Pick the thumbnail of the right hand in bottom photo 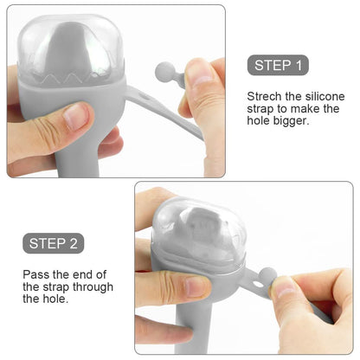285,288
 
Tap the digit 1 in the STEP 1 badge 299,65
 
